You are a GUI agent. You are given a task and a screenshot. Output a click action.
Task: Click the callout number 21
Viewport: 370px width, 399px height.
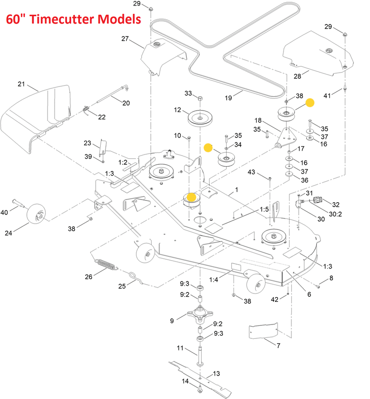pyautogui.click(x=21, y=84)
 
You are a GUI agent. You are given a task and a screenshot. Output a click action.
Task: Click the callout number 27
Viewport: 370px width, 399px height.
pyautogui.click(x=125, y=39)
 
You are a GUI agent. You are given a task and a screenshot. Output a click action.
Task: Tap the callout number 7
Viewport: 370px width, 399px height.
pyautogui.click(x=279, y=346)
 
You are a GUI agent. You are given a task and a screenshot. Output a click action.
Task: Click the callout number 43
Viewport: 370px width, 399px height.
pyautogui.click(x=252, y=172)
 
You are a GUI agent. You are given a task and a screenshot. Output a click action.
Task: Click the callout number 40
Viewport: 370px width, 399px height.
pyautogui.click(x=5, y=212)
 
